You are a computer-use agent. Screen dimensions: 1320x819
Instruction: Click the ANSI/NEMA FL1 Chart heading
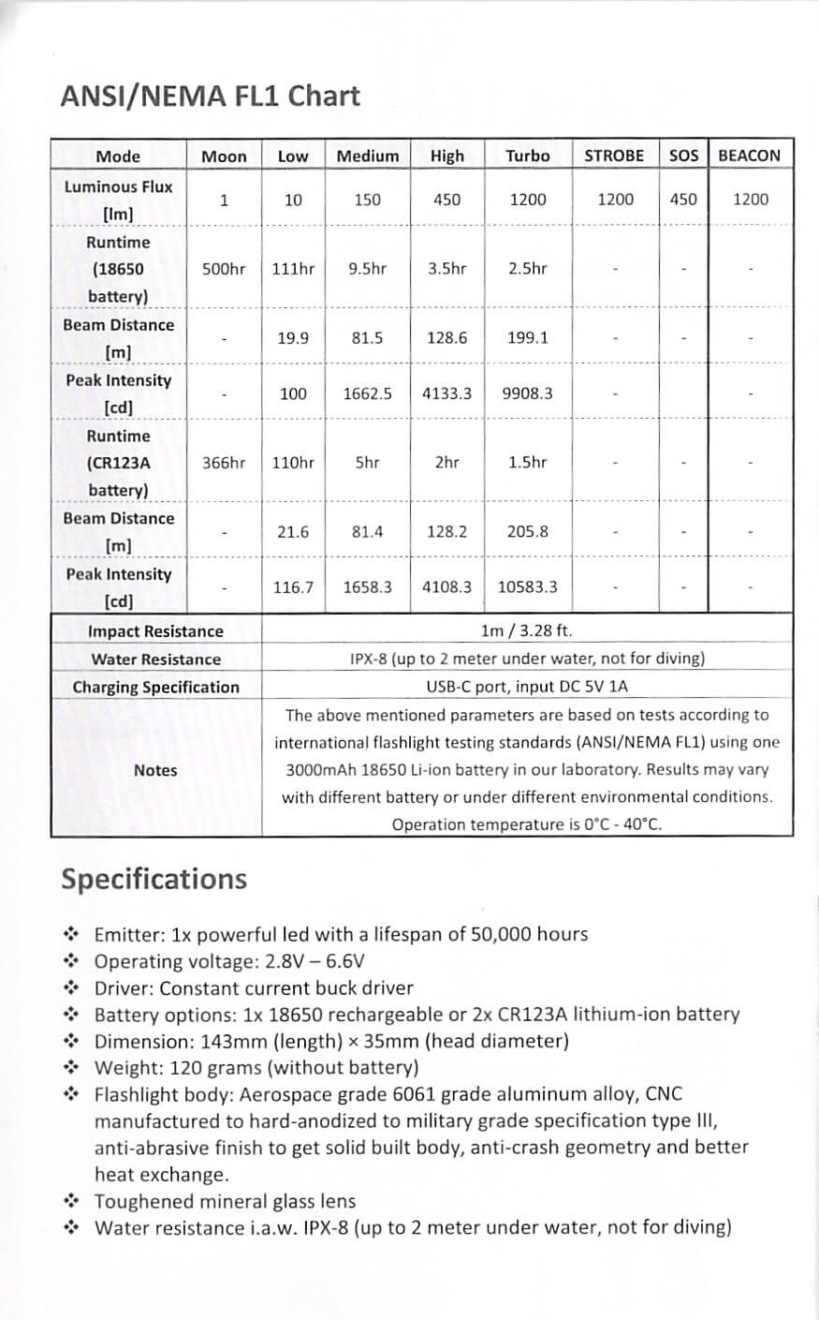click(x=210, y=96)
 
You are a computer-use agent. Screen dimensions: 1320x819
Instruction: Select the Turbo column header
click(x=528, y=156)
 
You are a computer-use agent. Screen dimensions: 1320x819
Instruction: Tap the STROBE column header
click(x=614, y=156)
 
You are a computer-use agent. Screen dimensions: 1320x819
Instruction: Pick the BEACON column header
click(x=750, y=156)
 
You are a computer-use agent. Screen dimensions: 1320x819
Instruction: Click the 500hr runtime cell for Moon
click(x=224, y=269)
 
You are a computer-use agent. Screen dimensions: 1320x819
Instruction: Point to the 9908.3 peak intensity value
click(x=528, y=393)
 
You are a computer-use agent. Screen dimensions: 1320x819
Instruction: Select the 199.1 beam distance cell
click(x=528, y=337)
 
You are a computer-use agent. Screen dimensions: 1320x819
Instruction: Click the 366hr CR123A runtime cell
click(x=224, y=463)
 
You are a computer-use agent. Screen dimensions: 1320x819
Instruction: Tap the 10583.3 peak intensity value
click(x=528, y=587)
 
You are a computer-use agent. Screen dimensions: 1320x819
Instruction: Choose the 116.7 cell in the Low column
click(x=293, y=587)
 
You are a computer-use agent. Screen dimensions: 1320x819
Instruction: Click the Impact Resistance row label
click(x=155, y=631)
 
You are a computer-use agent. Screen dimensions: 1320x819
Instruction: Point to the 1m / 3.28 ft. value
click(x=526, y=630)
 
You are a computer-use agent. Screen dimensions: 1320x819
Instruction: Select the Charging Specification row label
click(x=155, y=687)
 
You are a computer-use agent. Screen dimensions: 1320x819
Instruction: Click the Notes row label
click(x=155, y=770)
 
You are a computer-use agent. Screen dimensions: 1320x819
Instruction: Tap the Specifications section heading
click(x=154, y=879)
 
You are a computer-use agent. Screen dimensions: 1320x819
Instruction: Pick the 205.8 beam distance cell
click(x=528, y=531)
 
